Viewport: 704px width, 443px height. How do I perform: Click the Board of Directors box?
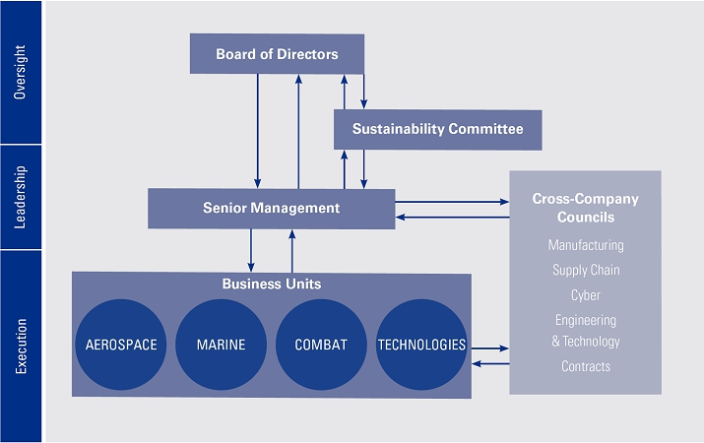tap(277, 54)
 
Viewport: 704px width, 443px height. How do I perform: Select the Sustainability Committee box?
tap(437, 129)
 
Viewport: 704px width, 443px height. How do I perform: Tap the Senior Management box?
tap(271, 208)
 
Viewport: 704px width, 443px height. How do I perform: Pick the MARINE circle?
tap(221, 345)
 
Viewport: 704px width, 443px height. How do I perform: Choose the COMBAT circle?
tap(321, 345)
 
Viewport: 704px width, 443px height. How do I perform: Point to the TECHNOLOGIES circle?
tap(421, 345)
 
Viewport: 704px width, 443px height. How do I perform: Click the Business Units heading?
tap(271, 284)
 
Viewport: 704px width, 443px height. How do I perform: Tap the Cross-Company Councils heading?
tap(585, 208)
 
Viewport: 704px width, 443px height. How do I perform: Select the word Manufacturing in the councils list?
tap(585, 245)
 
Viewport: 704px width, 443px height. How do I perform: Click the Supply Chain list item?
tap(585, 270)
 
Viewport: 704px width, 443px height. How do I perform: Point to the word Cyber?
tap(585, 294)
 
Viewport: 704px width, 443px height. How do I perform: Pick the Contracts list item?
tap(585, 366)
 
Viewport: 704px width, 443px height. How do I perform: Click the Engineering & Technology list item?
tap(585, 331)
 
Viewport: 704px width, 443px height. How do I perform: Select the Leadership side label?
tap(21, 197)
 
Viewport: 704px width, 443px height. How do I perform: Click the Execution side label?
tap(21, 346)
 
